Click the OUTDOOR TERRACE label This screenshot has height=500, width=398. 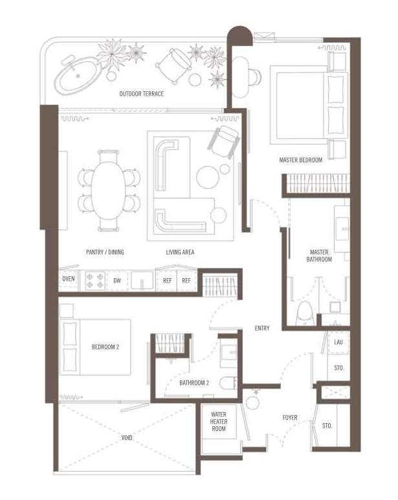[141, 94]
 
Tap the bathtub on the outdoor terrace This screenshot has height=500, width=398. [78, 76]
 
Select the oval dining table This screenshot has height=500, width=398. [108, 191]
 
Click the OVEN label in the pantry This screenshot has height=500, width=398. [68, 279]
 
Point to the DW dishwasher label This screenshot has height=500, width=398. [117, 281]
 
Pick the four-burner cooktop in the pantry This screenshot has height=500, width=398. [95, 280]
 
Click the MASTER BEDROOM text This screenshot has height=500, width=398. [300, 160]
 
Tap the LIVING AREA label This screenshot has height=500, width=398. [180, 252]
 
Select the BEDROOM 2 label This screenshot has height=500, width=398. [105, 347]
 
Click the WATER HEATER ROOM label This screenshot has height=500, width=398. [219, 422]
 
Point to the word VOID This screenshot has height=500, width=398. [127, 438]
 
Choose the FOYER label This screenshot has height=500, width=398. [289, 417]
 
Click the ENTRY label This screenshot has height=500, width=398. [262, 328]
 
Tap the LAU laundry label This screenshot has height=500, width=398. [338, 342]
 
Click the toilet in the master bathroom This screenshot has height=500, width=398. [305, 314]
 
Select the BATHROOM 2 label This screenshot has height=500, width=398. [194, 383]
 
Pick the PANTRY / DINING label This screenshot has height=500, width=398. [105, 252]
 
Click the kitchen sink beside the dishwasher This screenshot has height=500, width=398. [142, 281]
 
